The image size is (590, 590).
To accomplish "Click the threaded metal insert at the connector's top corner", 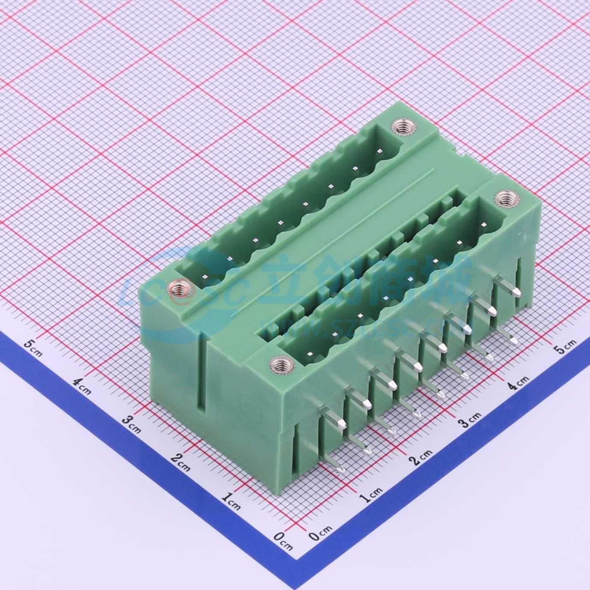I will (401, 127).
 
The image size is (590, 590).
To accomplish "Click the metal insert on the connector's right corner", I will (504, 198).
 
